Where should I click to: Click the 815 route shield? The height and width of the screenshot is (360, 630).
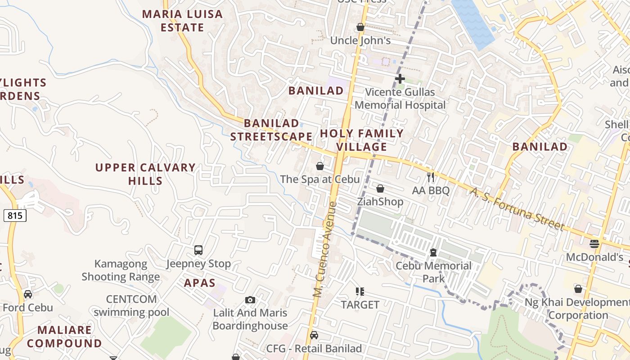click(x=15, y=216)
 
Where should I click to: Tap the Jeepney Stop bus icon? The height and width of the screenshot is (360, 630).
click(x=198, y=250)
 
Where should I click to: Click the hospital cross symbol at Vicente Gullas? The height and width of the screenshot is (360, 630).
click(x=400, y=79)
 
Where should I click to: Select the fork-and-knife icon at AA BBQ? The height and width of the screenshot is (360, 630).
click(x=431, y=177)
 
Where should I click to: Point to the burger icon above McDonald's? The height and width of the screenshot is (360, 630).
click(x=594, y=244)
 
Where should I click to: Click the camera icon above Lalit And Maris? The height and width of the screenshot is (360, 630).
click(x=250, y=300)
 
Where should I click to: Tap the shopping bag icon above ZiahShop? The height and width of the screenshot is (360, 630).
click(x=380, y=189)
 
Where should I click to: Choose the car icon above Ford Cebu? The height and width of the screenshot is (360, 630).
click(x=28, y=294)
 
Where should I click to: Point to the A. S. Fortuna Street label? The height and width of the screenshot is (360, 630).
click(x=517, y=209)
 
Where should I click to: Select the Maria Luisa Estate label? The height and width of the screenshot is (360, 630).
click(x=182, y=21)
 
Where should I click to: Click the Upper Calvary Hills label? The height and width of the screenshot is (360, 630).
click(x=145, y=174)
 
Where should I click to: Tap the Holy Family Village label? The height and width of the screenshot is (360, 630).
click(x=361, y=140)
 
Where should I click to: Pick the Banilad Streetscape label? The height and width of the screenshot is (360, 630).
click(x=271, y=130)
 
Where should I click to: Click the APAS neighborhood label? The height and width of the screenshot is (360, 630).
click(x=199, y=283)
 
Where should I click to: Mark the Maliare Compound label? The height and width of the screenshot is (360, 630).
click(x=64, y=337)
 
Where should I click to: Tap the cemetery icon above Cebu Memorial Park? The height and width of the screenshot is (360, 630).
click(x=433, y=252)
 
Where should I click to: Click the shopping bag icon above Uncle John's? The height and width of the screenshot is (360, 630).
click(x=360, y=27)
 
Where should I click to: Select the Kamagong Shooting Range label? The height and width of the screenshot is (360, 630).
click(x=121, y=270)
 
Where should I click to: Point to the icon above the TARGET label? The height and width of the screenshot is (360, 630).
click(x=360, y=292)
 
